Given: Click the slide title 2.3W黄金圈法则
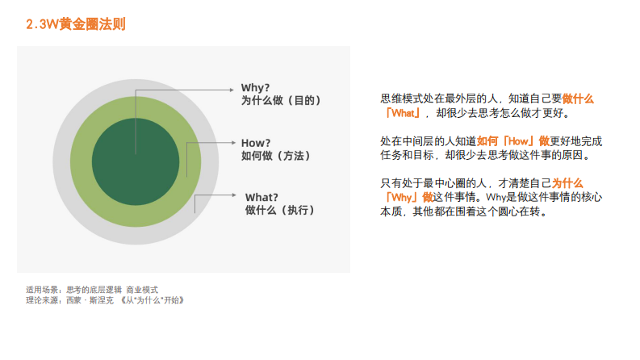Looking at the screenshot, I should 76,25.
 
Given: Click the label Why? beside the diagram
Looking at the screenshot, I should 256,87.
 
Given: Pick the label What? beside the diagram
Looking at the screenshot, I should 261,197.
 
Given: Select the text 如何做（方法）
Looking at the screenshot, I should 276,155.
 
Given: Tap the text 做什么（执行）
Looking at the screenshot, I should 280,211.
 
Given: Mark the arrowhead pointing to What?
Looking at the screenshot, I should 236,196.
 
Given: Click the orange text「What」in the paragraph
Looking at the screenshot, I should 402,113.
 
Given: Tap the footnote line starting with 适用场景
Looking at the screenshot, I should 92,289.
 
